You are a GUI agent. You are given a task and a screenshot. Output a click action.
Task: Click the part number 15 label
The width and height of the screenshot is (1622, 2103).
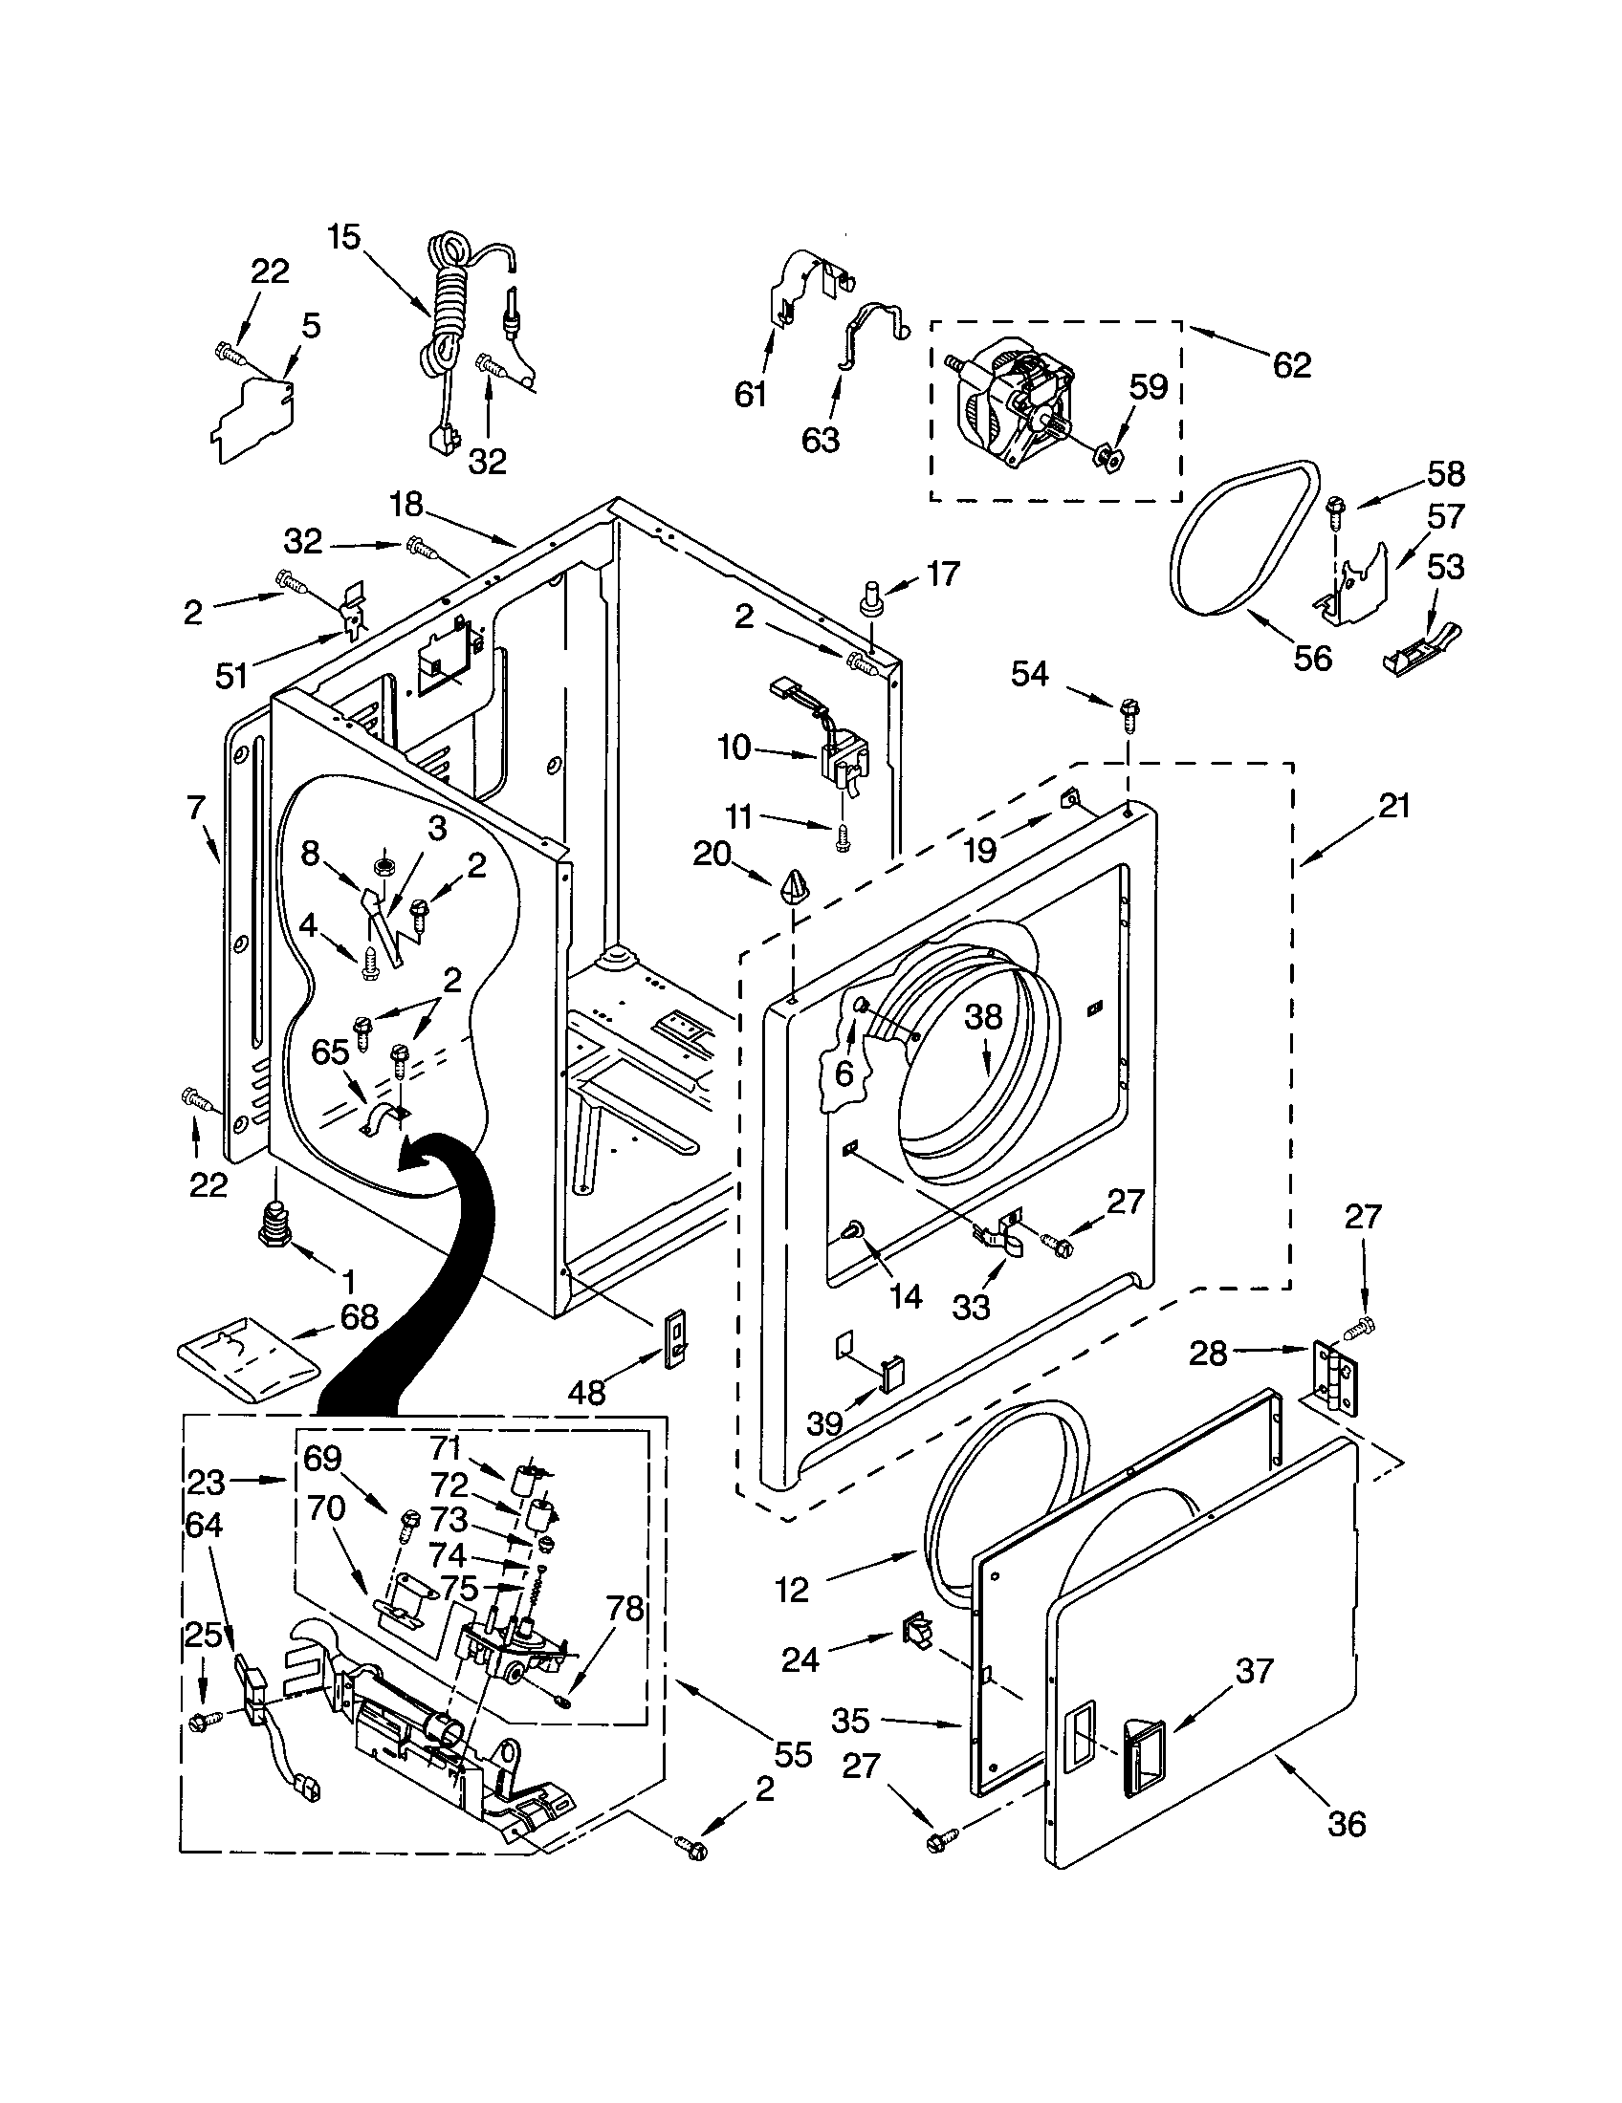(343, 237)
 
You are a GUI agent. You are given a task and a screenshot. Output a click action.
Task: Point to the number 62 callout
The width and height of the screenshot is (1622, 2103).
(1291, 365)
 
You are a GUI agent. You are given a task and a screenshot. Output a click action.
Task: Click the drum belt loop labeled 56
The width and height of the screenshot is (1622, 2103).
(1242, 539)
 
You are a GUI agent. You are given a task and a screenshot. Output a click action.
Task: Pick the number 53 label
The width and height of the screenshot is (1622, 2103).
(1445, 566)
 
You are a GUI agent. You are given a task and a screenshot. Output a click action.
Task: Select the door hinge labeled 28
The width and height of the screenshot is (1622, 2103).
(1334, 1377)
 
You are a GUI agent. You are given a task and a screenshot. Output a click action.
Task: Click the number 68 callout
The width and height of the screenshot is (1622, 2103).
(360, 1316)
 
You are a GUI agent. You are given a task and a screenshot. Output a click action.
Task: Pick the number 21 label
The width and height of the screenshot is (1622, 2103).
(1393, 805)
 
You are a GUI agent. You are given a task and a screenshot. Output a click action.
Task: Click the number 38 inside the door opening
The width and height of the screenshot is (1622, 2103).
(983, 1017)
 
